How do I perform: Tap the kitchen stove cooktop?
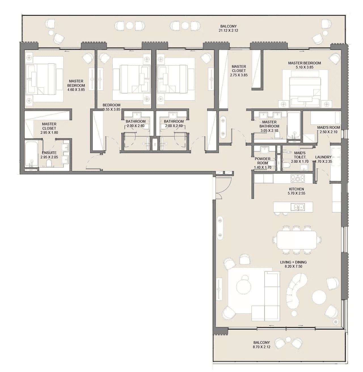click(x=297, y=178)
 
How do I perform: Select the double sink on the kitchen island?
click(x=298, y=207)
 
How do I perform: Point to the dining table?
click(x=297, y=240)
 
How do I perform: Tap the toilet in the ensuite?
click(x=49, y=163)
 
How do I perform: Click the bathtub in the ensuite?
click(x=31, y=154)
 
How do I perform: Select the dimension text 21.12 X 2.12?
click(x=229, y=30)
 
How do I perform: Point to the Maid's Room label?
click(x=329, y=127)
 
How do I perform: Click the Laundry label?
click(x=323, y=157)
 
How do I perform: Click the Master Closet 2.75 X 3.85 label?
click(x=239, y=71)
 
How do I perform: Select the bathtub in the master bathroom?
click(x=294, y=126)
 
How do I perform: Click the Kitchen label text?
click(x=296, y=189)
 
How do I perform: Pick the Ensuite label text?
click(x=49, y=153)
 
